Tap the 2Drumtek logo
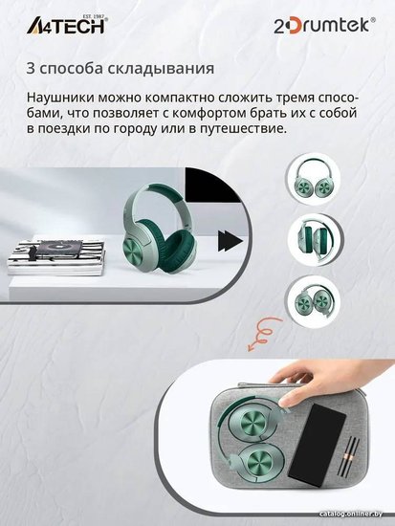click(324, 26)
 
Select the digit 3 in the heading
click(31, 68)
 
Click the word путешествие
click(239, 128)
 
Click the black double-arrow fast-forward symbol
click(230, 240)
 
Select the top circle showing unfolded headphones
click(313, 178)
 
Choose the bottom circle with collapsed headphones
click(313, 299)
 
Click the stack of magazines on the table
click(55, 256)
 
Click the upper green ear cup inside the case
click(255, 421)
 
